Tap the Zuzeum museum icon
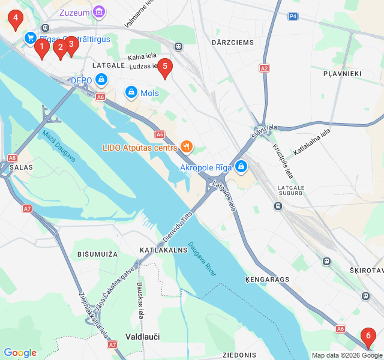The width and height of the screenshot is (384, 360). tap(99, 11)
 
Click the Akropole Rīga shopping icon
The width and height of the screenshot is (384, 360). tap(241, 166)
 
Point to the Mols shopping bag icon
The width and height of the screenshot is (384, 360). tap(131, 92)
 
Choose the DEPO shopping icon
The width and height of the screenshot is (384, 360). tap(101, 80)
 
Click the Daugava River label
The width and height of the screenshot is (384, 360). tap(202, 259)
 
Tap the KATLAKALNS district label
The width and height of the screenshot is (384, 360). tap(163, 249)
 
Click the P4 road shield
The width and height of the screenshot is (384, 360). tap(292, 16)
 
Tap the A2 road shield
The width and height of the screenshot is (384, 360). tap(265, 68)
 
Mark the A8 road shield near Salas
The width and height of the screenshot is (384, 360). tap(12, 158)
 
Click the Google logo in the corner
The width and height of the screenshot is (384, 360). tap(20, 353)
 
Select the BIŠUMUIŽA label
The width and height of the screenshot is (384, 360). tap(97, 254)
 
